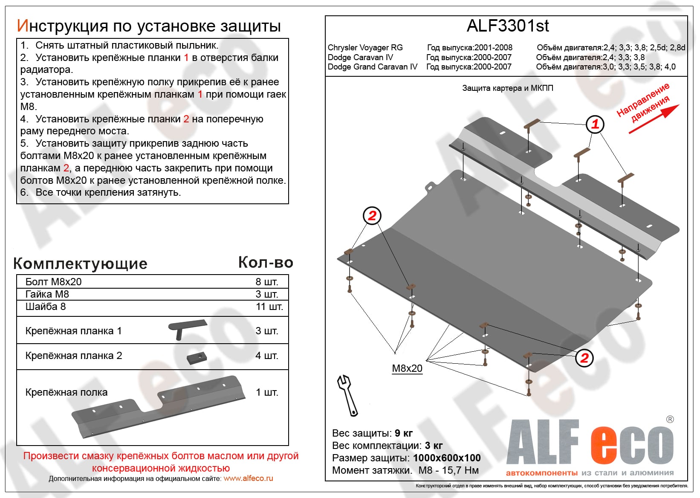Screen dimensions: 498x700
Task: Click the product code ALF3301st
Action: click(507, 26)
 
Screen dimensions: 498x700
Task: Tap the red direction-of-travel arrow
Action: click(655, 119)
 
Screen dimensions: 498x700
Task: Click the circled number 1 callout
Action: click(595, 124)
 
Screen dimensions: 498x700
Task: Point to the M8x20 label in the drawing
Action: click(407, 368)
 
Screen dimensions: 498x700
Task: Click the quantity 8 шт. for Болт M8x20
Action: click(267, 282)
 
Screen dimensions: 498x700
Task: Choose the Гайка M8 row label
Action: click(47, 294)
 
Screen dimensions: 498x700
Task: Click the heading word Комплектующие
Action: click(80, 263)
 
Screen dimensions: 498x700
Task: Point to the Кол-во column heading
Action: click(266, 263)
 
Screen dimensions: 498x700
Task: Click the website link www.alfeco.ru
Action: click(248, 478)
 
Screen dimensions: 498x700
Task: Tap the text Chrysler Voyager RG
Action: click(365, 48)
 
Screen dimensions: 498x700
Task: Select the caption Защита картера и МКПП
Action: click(507, 88)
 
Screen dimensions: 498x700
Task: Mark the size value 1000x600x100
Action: click(447, 458)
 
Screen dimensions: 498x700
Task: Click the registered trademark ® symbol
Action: click(670, 420)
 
